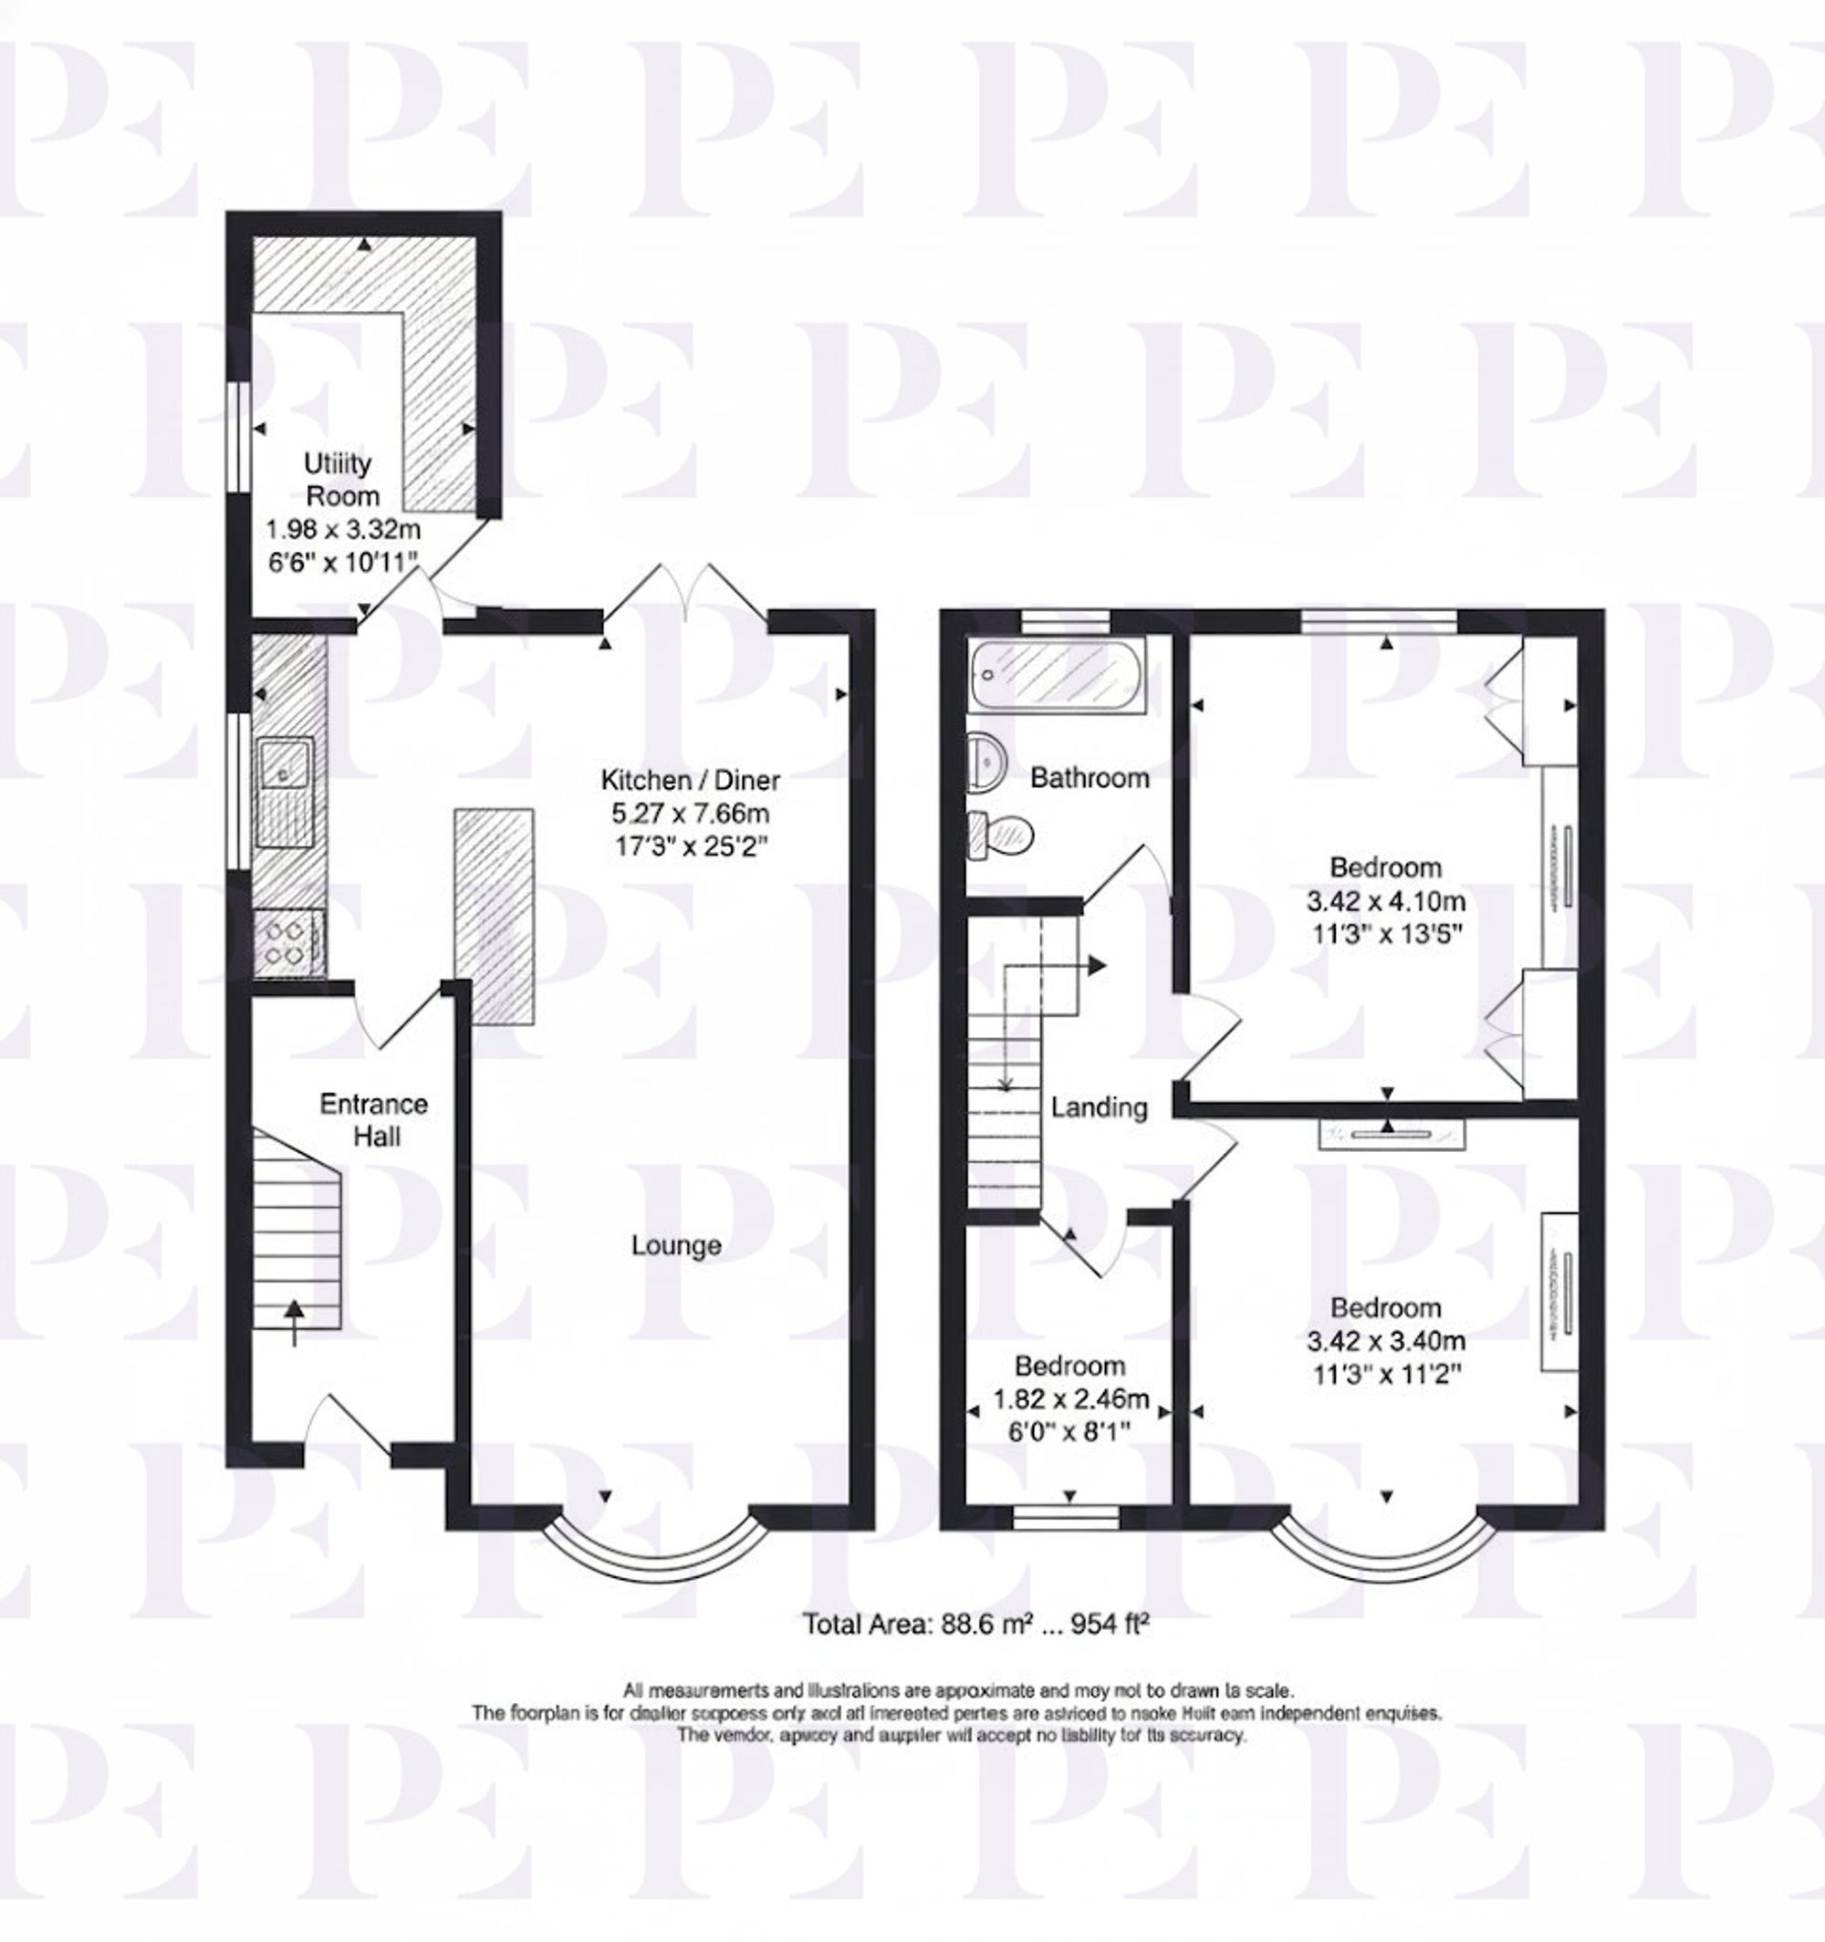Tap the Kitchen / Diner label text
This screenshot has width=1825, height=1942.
pos(690,780)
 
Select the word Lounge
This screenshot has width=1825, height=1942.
pos(676,1245)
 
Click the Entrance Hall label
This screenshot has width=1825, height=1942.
pos(374,1119)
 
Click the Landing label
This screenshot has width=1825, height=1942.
pos(1099,1106)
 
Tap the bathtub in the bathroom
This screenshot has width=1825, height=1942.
pos(1059,675)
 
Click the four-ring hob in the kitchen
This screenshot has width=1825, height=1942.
pos(287,941)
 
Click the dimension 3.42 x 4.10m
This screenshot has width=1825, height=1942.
pos(1385,900)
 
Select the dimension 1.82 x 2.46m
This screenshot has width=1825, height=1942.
pos(1070,1399)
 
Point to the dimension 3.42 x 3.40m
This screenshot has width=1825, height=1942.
pos(1385,1341)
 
